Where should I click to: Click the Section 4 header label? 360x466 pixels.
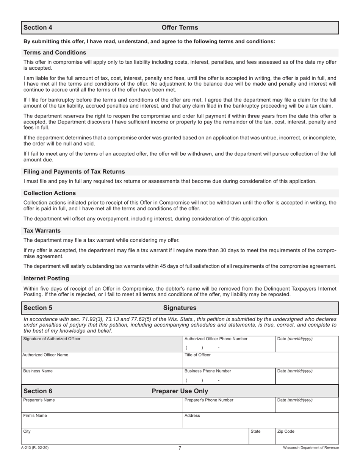[38, 28]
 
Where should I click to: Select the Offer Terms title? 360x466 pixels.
[180, 28]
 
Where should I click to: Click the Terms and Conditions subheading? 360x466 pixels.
[55, 53]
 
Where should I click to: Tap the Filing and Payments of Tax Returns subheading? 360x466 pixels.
[74, 172]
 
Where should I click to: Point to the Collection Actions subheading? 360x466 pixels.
[50, 193]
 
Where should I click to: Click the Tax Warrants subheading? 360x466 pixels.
[42, 231]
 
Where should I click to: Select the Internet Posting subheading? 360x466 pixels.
[46, 278]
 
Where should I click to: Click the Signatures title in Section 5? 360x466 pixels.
[180, 308]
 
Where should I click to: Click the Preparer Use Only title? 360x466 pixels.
[180, 391]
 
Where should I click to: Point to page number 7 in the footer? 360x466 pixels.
[180, 448]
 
